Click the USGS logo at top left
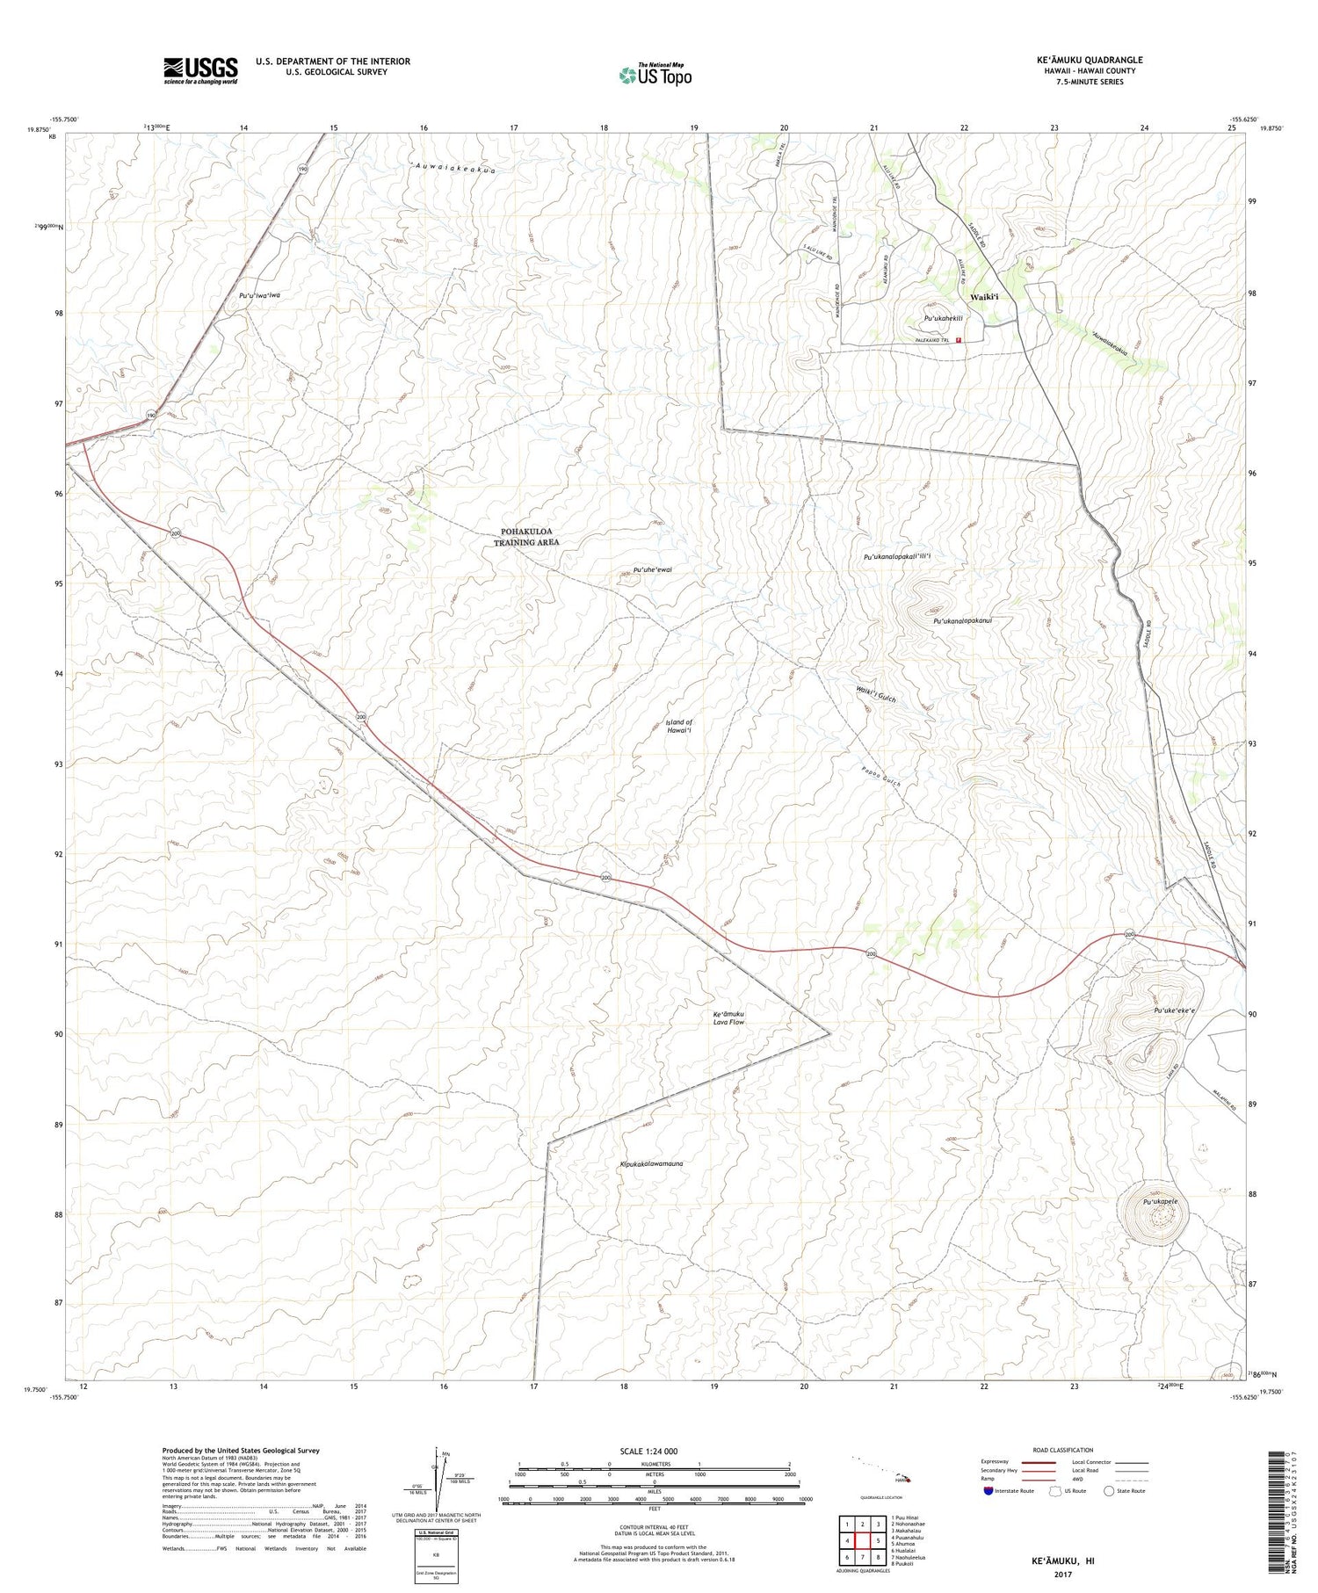pos(200,71)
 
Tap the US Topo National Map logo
pos(655,75)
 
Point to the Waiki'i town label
pos(984,297)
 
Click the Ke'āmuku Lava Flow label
pos(728,1017)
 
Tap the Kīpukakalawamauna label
pos(651,1163)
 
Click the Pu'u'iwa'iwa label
pos(259,296)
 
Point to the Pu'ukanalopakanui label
pos(962,620)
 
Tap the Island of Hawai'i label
pos(679,727)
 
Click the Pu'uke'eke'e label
pos(1174,1010)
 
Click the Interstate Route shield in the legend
pos(988,1490)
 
